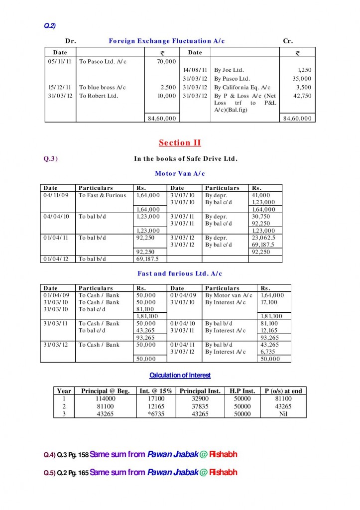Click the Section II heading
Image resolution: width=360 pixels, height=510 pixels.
click(180, 143)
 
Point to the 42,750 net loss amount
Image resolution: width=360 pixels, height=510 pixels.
click(302, 96)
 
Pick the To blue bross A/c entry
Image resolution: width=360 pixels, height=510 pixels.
click(103, 87)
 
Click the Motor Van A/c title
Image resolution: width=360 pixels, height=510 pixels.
click(180, 173)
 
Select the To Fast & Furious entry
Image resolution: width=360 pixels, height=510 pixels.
click(102, 195)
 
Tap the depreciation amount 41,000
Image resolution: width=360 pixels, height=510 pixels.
click(261, 195)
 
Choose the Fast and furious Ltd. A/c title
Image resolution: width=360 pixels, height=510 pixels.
click(180, 273)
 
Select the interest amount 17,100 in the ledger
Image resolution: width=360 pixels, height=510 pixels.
click(269, 302)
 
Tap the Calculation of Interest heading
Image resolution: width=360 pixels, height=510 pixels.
click(180, 375)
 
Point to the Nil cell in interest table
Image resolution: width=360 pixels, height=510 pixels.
click(283, 414)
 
